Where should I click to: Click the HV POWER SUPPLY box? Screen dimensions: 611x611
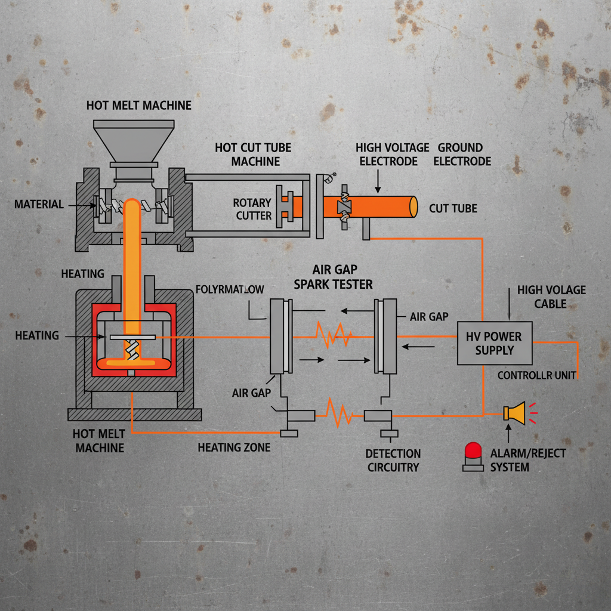[x=494, y=343]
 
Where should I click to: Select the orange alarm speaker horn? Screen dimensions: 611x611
[x=514, y=412]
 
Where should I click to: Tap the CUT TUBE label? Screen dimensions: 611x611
[x=453, y=209]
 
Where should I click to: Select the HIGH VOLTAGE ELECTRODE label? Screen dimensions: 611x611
[x=392, y=154]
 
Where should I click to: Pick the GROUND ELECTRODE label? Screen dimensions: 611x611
[x=462, y=154]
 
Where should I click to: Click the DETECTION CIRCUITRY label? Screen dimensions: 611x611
[x=393, y=460]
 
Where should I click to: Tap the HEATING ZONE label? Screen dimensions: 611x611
[x=234, y=447]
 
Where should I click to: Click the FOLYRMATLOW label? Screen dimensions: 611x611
[x=230, y=290]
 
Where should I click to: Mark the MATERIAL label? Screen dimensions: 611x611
[x=39, y=205]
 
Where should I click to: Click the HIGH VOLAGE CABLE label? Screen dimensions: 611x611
[x=543, y=297]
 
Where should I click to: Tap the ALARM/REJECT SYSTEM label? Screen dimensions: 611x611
[x=527, y=459]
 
